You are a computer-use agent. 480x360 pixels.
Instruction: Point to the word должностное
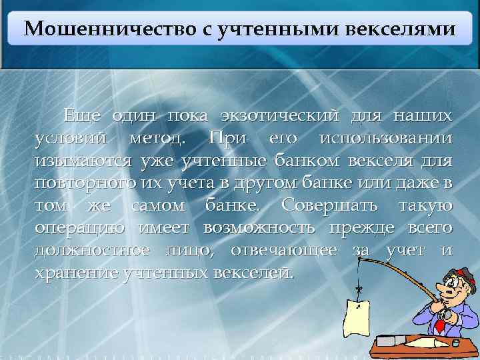point(91,249)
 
